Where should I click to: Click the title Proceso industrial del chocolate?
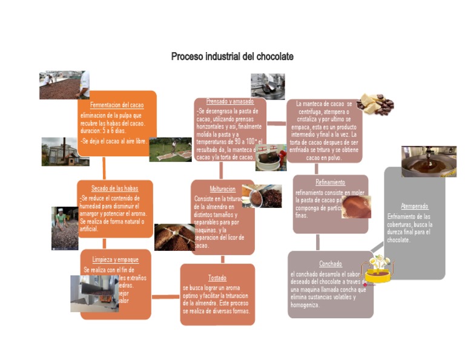[x=232, y=56]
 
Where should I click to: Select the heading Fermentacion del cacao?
[x=117, y=105]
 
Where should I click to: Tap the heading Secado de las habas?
[x=115, y=188]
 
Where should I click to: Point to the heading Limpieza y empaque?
[x=116, y=259]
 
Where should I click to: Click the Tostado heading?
[x=217, y=278]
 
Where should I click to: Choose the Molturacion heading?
[x=223, y=188]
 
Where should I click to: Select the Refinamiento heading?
[x=330, y=182]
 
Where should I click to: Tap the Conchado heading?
[x=330, y=264]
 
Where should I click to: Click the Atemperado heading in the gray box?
[x=414, y=206]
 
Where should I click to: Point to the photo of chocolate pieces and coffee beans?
[x=375, y=104]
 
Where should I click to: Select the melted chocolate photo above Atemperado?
[x=429, y=161]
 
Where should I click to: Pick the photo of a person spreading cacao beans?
[x=65, y=228]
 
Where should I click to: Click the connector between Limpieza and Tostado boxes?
[x=165, y=296]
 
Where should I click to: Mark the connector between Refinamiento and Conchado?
[x=318, y=242]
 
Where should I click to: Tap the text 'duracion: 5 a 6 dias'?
[x=105, y=130]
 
